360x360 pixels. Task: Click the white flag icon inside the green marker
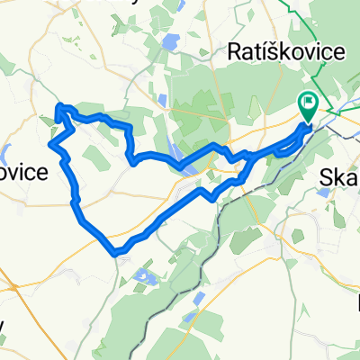pos(308,103)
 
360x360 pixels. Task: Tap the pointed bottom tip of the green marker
pos(308,121)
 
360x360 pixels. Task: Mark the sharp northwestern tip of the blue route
pos(58,107)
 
